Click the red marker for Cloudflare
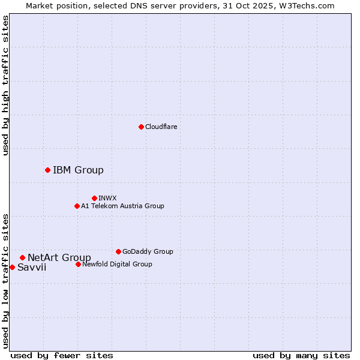[141, 127]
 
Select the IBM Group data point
[47, 170]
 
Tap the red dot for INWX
[94, 198]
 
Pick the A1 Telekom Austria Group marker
[77, 206]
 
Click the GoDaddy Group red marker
[118, 251]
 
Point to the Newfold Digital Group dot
[78, 264]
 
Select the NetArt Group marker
[22, 257]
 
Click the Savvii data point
[12, 267]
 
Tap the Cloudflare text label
[161, 127]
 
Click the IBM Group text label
[78, 170]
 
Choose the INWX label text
[107, 198]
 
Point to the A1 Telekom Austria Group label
[122, 206]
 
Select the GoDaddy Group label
[148, 251]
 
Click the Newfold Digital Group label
[117, 264]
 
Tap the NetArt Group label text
[59, 258]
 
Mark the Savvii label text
[32, 268]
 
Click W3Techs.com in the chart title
[310, 5]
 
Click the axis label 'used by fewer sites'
[62, 355]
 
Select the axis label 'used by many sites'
[301, 355]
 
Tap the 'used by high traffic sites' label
[5, 85]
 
